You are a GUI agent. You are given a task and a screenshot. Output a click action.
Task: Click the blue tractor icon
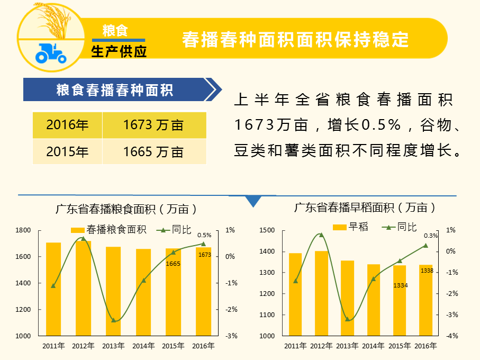50,52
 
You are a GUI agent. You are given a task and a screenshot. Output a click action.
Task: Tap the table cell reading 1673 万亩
153,125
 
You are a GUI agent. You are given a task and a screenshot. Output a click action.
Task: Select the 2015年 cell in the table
67,152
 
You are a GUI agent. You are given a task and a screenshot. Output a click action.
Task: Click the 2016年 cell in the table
67,125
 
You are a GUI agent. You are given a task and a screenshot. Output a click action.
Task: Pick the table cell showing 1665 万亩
153,152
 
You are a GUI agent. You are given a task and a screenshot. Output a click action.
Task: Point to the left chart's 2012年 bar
83,288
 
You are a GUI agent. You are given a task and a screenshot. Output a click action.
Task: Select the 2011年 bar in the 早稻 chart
295,294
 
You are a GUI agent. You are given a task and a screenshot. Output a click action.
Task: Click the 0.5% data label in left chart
204,235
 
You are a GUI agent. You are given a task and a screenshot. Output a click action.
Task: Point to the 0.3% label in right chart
431,236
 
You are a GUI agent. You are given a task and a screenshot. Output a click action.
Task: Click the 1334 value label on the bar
401,285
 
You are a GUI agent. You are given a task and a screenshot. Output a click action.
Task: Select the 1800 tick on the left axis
24,230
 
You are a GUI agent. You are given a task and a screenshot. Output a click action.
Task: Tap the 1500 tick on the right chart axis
267,230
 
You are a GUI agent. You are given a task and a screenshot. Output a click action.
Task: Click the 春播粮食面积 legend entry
109,230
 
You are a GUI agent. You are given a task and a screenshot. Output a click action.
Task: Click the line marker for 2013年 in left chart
113,320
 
